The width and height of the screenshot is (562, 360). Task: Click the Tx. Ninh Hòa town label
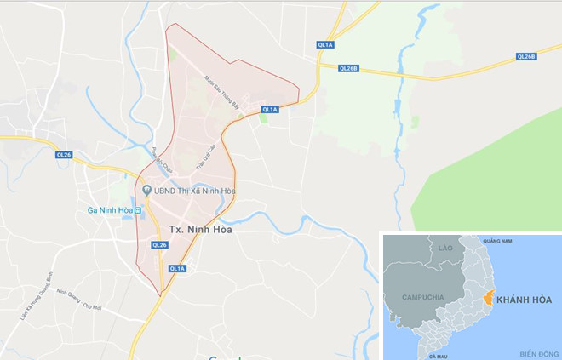(x=201, y=229)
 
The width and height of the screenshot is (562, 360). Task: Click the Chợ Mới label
(x=91, y=306)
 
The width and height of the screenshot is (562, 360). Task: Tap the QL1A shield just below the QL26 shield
(x=177, y=268)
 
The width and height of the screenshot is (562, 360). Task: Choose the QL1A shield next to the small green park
(x=270, y=109)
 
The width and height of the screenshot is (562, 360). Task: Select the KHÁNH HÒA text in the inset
(x=525, y=300)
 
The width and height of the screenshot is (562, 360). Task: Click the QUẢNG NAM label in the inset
(x=496, y=242)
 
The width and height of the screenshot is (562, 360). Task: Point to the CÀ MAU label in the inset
(x=439, y=355)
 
